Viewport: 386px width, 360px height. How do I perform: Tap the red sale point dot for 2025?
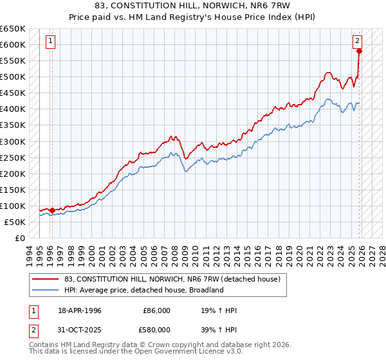click(x=360, y=51)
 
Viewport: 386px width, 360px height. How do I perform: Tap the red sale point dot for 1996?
click(x=52, y=210)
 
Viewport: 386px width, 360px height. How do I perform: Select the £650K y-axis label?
click(x=13, y=29)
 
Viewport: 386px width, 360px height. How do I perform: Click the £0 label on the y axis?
click(x=19, y=238)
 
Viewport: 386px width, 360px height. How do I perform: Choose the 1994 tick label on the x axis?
click(x=30, y=253)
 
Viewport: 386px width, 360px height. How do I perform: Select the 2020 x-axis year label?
click(x=299, y=253)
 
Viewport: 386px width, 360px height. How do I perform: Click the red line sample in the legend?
click(x=46, y=280)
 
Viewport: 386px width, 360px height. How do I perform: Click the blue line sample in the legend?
click(x=46, y=290)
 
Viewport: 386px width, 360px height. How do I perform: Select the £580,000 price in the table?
click(x=157, y=330)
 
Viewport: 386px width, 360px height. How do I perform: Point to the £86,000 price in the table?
click(x=157, y=310)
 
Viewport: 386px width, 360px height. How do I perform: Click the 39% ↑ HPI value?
click(x=219, y=330)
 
